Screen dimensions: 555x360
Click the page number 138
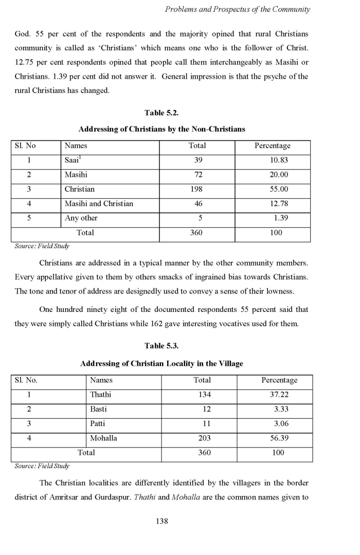162,521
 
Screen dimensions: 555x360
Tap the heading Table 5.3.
161,345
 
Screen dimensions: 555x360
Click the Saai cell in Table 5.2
73,160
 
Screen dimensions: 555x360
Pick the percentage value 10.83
279,160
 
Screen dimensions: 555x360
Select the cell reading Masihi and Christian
99,203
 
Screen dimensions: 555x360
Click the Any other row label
81,218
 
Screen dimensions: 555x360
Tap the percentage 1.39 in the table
281,218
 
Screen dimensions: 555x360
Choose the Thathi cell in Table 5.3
100,395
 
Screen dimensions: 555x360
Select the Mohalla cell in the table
103,438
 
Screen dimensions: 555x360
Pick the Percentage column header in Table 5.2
273,146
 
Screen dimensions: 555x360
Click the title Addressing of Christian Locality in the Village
161,363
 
